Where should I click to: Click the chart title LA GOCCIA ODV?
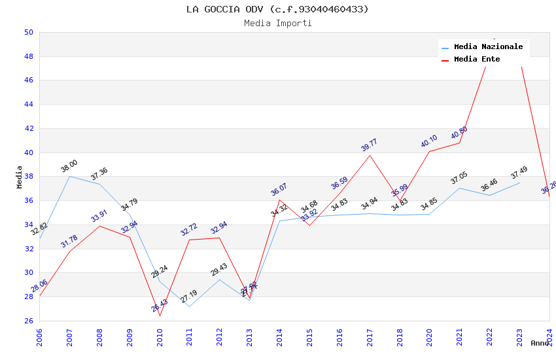pos(277,9)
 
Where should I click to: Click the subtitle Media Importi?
pos(277,23)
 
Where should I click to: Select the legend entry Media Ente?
pos(476,59)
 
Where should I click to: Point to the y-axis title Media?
pos(20,177)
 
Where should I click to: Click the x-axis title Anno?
pos(540,343)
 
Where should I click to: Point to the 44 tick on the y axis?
pos(28,105)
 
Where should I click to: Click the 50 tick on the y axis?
pos(28,32)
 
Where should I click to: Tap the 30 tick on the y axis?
pos(28,273)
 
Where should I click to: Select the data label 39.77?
pos(369,145)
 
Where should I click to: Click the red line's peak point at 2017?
pos(370,155)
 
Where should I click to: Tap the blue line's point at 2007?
pos(69,177)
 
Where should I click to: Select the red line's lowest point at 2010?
pos(160,316)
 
